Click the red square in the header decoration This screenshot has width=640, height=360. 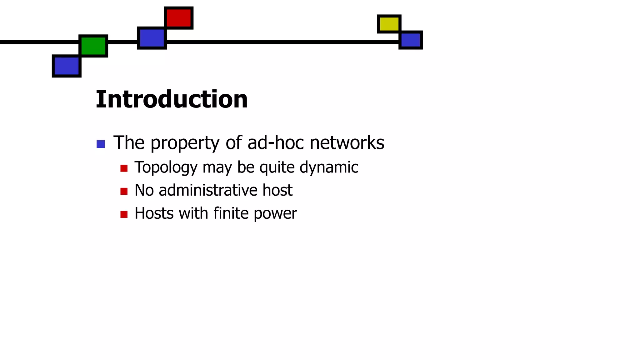178,18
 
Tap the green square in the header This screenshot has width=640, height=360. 93,46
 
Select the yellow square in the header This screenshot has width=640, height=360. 389,24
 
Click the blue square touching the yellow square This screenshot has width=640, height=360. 411,40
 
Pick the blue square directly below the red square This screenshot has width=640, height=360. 152,38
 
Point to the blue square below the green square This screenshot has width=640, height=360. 67,66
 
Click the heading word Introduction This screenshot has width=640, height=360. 172,99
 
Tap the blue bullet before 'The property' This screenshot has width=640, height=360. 101,144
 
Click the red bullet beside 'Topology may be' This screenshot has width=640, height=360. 124,168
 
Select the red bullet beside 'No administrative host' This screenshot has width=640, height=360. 124,191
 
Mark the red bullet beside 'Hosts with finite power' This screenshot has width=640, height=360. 124,214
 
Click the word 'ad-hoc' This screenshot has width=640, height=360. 275,143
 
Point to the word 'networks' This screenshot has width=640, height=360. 347,143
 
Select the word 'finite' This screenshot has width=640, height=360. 231,213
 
